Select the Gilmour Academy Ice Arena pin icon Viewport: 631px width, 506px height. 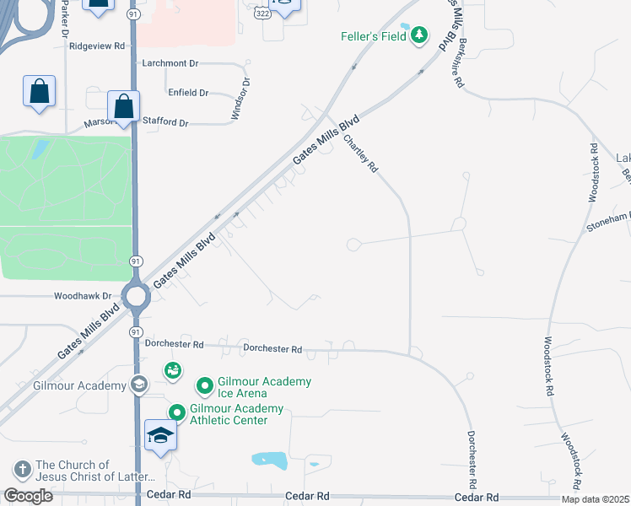(x=203, y=387)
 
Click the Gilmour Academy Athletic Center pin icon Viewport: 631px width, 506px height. (x=176, y=413)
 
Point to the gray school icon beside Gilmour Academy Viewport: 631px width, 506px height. (x=139, y=385)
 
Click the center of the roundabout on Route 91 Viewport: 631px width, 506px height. (x=135, y=296)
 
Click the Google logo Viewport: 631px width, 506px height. (x=28, y=496)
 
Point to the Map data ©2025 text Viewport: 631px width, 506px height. (x=596, y=499)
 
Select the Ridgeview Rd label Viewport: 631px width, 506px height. (x=97, y=46)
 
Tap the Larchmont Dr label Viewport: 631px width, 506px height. (x=170, y=63)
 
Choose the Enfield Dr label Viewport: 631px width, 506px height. (x=188, y=93)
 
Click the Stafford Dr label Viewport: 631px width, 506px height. (x=165, y=122)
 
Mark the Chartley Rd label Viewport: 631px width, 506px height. (x=359, y=154)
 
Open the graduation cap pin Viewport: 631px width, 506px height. (x=160, y=435)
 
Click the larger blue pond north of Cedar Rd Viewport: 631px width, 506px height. (x=270, y=460)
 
